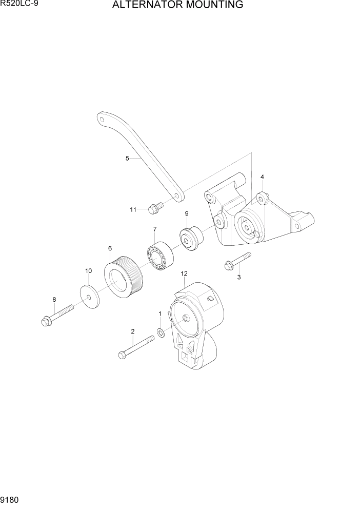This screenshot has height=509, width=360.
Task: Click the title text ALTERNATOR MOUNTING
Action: click(x=177, y=6)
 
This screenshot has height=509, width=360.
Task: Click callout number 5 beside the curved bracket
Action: click(x=127, y=159)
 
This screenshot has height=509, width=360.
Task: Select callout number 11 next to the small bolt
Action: click(x=133, y=209)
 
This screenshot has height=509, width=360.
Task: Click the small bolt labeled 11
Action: click(x=154, y=208)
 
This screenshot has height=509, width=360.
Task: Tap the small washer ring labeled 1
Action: click(x=161, y=334)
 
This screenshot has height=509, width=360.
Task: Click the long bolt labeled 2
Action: click(x=136, y=347)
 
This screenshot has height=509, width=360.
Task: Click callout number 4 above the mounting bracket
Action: click(x=262, y=177)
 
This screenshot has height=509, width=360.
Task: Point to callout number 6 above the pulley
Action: click(x=110, y=249)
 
